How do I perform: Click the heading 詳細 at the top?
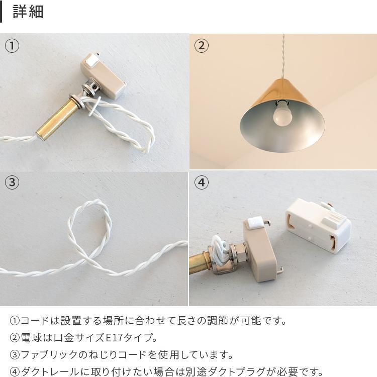coord(28,12)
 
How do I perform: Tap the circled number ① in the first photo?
coord(12,46)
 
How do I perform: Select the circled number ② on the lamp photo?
coord(202,46)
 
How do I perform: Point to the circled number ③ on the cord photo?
coord(12,182)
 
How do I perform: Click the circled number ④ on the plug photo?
coord(202,182)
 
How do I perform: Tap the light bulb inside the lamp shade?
coord(282,115)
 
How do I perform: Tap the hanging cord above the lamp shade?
coord(283,56)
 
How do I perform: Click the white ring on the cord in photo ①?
coord(93,106)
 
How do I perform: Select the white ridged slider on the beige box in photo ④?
coord(254,222)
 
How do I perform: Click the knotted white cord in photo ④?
coord(220,246)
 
